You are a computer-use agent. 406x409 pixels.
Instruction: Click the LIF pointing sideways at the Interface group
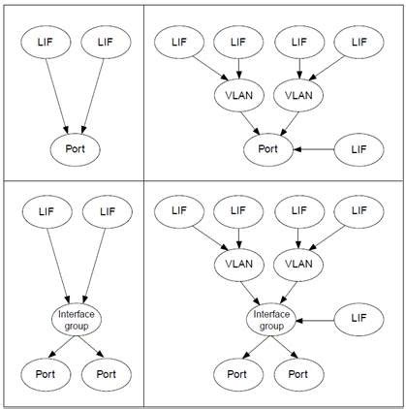click(357, 317)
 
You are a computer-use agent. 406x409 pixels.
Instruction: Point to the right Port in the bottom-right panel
click(295, 372)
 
